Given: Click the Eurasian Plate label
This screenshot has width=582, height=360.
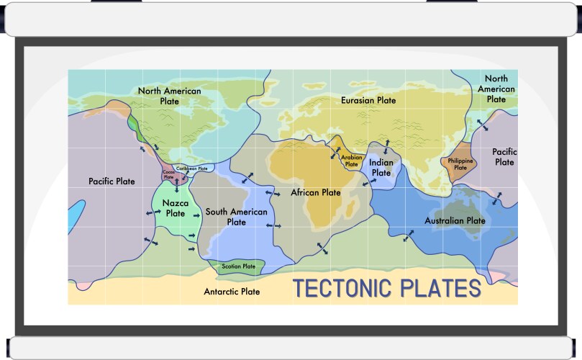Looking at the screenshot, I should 368,100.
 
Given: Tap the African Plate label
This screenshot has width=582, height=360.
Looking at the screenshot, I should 316,192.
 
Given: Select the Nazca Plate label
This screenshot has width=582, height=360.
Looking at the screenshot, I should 175,208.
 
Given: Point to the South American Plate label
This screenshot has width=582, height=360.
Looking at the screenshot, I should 236,217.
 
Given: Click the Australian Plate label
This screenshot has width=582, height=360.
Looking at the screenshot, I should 455,220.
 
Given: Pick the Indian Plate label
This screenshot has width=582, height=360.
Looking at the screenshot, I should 381,168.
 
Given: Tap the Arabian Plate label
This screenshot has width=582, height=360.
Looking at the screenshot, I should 351,161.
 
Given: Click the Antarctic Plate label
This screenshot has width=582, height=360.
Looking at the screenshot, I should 232,292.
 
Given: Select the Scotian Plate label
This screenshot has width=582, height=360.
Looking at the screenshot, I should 239,266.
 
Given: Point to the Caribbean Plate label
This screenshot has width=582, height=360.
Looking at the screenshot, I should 192,168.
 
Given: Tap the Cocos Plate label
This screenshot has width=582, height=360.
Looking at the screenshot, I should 169,174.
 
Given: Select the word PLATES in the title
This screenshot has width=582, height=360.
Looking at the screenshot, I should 440,289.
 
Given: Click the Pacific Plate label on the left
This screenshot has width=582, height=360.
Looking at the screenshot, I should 112,181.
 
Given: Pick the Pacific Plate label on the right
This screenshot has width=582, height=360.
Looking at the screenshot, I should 504,157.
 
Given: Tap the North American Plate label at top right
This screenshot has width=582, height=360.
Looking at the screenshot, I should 496,89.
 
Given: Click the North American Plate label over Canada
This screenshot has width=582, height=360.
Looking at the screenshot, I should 169,96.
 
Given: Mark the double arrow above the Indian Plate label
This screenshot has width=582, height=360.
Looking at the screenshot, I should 386,146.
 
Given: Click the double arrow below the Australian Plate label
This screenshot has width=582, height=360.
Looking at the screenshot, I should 409,236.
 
